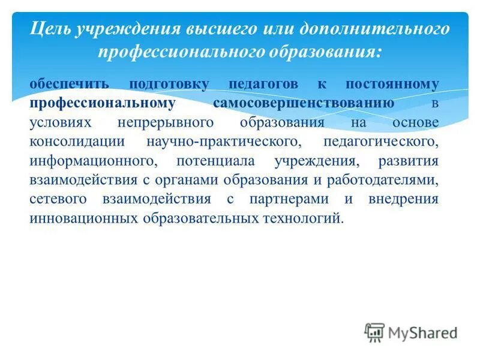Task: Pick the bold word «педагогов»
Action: click(x=268, y=84)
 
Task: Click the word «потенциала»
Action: click(x=215, y=161)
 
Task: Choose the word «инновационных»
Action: click(x=83, y=218)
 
